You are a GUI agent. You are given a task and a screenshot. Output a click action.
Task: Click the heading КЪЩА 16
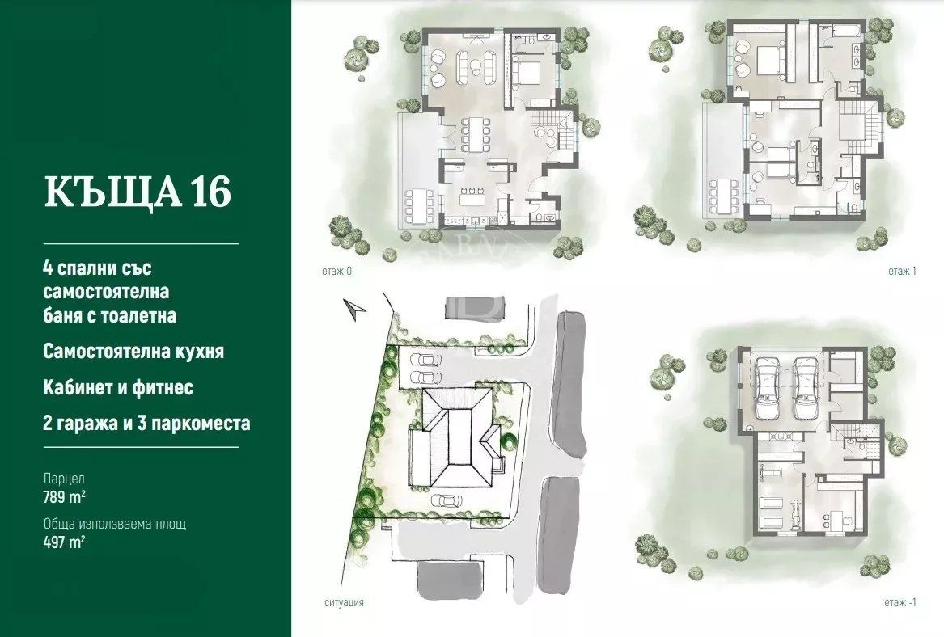point(138,192)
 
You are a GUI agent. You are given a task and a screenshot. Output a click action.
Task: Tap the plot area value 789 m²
point(64,497)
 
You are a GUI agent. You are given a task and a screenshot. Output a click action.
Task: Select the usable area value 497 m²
point(64,542)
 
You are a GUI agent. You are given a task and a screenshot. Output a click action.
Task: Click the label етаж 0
point(337,272)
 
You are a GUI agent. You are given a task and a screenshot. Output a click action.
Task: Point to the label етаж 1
point(902,272)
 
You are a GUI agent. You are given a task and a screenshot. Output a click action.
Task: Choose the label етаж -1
point(900,602)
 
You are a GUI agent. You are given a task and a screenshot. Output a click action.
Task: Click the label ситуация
point(344,602)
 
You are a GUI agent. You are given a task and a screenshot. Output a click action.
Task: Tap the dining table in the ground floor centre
point(476,135)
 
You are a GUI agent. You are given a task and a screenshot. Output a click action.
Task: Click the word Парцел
point(64,479)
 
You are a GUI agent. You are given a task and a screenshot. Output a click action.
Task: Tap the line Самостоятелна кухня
point(133,352)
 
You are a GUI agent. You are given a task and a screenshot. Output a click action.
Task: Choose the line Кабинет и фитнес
point(118,387)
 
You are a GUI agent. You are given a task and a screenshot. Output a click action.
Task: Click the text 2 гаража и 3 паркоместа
point(146,423)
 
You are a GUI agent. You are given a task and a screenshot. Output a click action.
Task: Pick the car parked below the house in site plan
point(447,500)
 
